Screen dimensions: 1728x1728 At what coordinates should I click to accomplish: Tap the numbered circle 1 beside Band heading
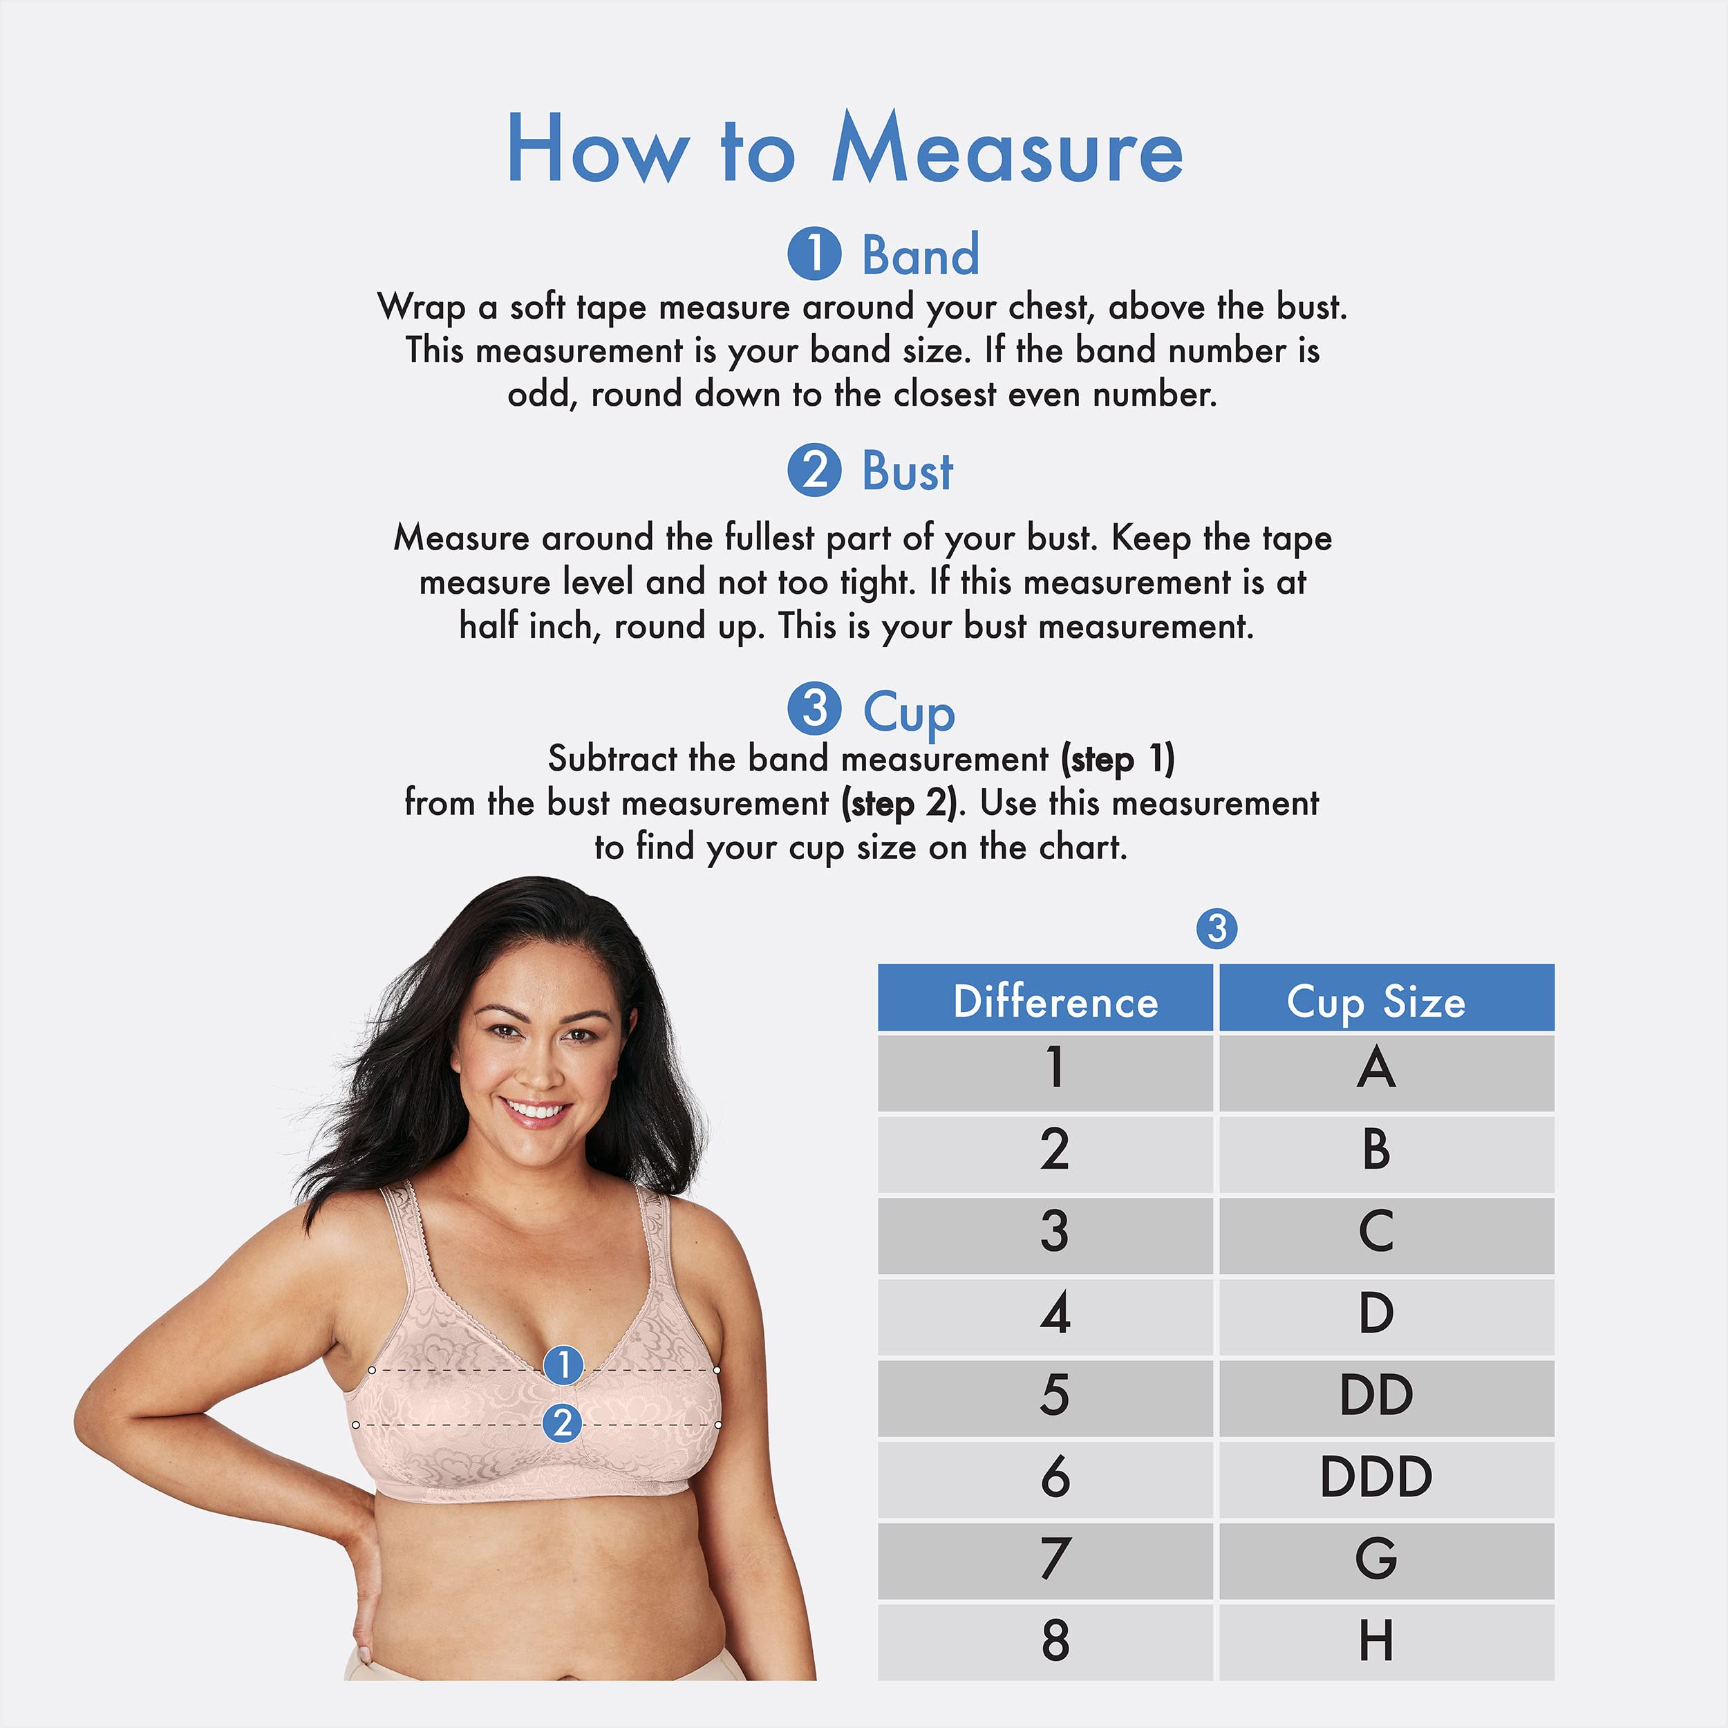[x=814, y=253]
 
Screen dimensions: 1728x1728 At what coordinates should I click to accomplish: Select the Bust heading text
[x=907, y=471]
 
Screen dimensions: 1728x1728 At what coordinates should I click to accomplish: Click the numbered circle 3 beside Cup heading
[x=814, y=708]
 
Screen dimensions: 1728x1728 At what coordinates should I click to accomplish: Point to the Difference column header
[x=1055, y=1001]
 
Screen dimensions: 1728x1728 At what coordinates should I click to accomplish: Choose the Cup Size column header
[x=1375, y=1001]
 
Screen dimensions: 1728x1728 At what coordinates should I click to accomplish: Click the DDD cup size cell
[x=1375, y=1476]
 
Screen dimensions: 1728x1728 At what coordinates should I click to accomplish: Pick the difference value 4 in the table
[x=1055, y=1314]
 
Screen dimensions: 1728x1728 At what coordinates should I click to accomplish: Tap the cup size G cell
[x=1375, y=1558]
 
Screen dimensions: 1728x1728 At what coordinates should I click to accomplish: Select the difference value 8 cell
[x=1055, y=1640]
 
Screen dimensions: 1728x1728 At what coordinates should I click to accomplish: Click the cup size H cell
[x=1375, y=1640]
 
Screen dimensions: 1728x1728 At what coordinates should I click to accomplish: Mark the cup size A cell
[x=1375, y=1069]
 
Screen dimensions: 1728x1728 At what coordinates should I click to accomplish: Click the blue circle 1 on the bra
[x=563, y=1365]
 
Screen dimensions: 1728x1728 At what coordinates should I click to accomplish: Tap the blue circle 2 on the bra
[x=563, y=1423]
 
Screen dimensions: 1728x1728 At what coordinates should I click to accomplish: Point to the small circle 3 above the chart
[x=1217, y=929]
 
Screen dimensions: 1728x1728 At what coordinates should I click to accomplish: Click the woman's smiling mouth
[x=536, y=1111]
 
